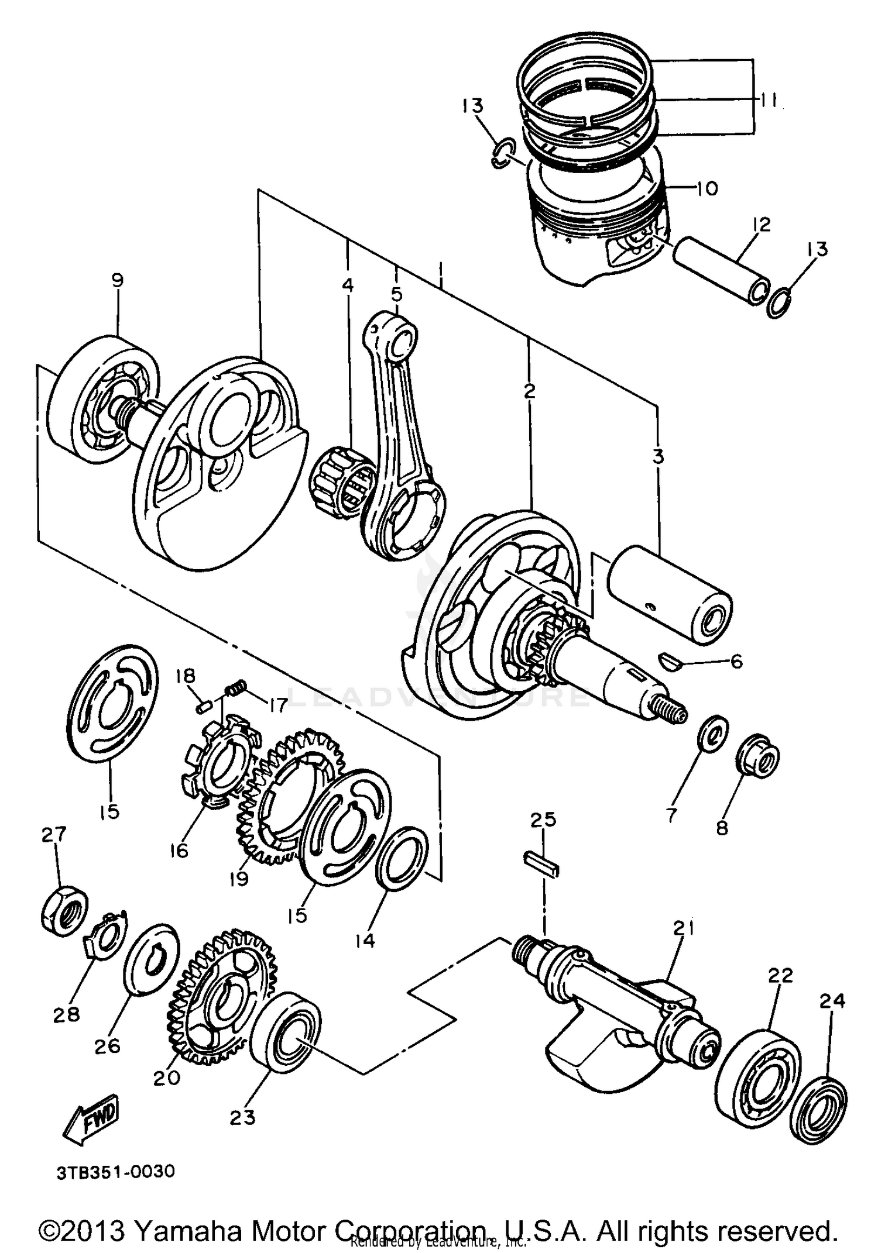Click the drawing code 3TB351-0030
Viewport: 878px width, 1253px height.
[x=116, y=1172]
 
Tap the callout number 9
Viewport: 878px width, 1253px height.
[x=117, y=280]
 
